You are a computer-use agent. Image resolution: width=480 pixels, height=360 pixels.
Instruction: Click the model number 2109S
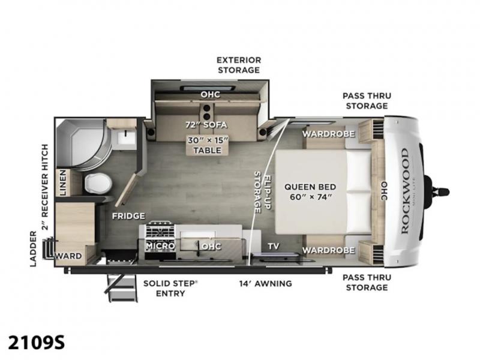37,343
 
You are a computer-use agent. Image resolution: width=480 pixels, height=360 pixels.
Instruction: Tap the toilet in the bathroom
98,184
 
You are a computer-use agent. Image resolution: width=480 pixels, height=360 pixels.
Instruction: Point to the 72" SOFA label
206,125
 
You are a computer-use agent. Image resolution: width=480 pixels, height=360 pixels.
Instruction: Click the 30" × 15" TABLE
208,145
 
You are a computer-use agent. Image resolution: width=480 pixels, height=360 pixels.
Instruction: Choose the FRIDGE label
128,216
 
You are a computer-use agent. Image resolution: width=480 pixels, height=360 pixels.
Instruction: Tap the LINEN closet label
63,183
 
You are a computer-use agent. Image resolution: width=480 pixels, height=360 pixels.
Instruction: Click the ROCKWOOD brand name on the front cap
404,191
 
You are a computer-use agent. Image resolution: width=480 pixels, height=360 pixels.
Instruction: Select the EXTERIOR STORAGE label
239,65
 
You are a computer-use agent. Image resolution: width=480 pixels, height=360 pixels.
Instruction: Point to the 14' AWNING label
265,284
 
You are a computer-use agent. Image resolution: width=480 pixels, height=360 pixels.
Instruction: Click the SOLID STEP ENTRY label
170,289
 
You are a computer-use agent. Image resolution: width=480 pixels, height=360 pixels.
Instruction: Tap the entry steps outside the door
121,287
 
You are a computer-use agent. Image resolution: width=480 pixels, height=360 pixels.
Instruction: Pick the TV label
274,246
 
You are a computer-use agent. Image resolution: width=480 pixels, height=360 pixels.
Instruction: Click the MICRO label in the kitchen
160,246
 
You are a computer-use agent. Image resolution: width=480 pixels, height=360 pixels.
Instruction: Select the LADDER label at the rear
34,248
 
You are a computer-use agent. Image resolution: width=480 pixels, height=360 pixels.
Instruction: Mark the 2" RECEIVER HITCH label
45,187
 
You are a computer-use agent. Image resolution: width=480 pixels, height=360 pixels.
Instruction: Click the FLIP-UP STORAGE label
262,192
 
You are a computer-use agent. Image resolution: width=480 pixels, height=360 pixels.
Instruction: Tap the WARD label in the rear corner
68,256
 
